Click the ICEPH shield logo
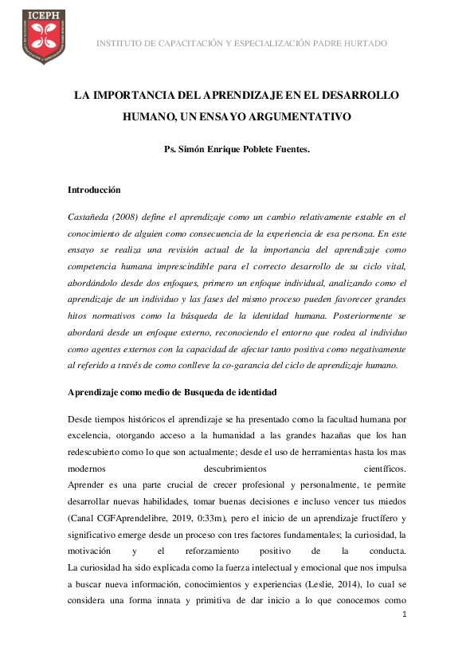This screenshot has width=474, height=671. pyautogui.click(x=43, y=37)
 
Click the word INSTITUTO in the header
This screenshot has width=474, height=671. pyautogui.click(x=120, y=42)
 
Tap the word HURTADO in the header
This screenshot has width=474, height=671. pyautogui.click(x=363, y=42)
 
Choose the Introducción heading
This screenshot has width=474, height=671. pyautogui.click(x=94, y=190)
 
